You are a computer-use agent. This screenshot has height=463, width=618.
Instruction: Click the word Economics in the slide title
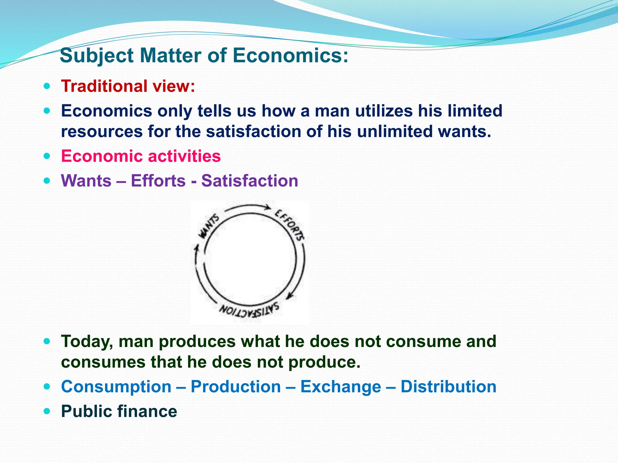(x=290, y=56)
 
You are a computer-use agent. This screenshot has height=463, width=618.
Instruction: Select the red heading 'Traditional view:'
(x=128, y=86)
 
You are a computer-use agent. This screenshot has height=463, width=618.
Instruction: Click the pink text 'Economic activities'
(x=141, y=156)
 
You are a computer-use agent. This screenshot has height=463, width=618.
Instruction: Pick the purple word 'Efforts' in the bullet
(x=158, y=181)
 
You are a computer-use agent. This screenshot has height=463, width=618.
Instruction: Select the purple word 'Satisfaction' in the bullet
(x=250, y=181)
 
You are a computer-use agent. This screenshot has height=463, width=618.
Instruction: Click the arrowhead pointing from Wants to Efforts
(x=267, y=207)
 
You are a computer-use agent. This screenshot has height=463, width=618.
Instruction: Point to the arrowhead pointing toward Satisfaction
(x=289, y=296)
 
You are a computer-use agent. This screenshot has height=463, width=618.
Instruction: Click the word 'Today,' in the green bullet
(x=87, y=342)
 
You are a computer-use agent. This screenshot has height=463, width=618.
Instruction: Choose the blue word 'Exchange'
(x=340, y=387)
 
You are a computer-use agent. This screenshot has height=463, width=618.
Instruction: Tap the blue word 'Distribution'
(x=448, y=387)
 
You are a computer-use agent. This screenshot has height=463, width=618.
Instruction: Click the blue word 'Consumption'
(x=116, y=387)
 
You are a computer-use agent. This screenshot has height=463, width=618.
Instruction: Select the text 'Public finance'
(x=119, y=411)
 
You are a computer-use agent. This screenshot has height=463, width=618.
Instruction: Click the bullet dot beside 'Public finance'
(x=46, y=411)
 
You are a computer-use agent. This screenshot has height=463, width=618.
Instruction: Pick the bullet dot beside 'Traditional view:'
(x=46, y=86)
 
